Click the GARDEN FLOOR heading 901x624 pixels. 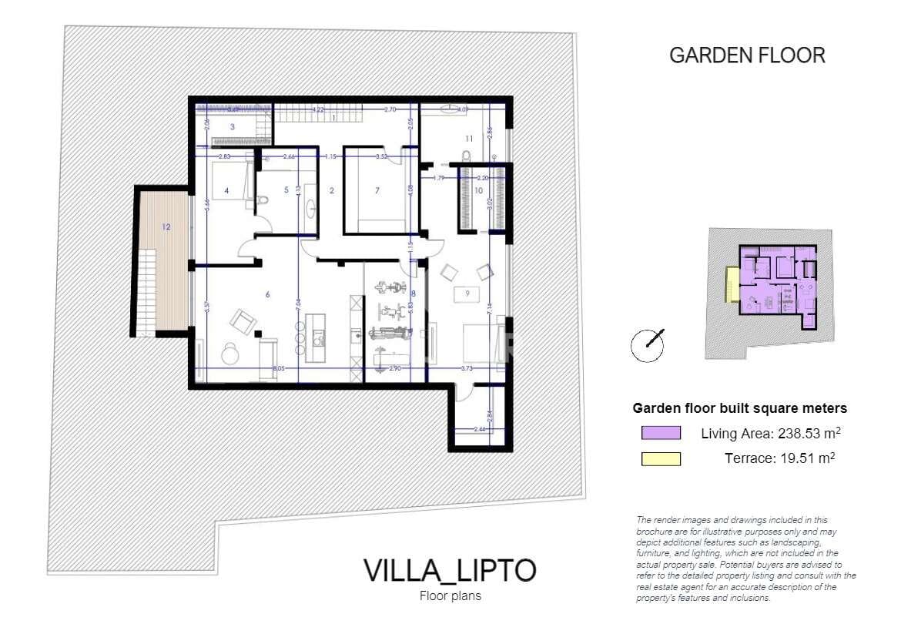747,55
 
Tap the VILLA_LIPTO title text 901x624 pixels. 450,571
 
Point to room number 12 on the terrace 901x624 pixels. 166,226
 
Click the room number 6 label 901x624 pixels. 268,294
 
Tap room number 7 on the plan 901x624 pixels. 377,190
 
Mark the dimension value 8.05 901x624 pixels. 279,369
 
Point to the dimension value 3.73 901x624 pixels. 467,369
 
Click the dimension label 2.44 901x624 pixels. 479,429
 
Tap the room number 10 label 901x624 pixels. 478,190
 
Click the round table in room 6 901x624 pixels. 230,354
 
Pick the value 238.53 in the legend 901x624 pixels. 773,433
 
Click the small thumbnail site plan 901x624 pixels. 769,293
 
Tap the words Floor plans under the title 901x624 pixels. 450,595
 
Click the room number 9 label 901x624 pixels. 466,293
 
